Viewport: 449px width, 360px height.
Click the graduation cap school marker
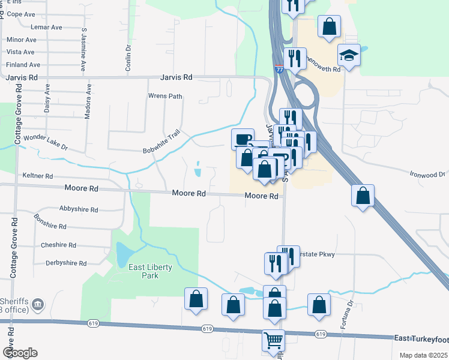pyautogui.click(x=349, y=55)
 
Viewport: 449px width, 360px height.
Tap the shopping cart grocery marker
pyautogui.click(x=273, y=340)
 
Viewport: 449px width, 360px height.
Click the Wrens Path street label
pyautogui.click(x=165, y=96)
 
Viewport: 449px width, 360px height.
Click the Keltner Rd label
pyautogui.click(x=37, y=176)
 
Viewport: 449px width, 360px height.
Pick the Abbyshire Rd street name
pyautogui.click(x=79, y=209)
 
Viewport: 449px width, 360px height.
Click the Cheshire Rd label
pyautogui.click(x=58, y=245)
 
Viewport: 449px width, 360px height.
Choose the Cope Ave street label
pyautogui.click(x=21, y=14)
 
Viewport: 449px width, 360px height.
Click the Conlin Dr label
pyautogui.click(x=128, y=58)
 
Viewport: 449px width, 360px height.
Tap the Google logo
pyautogui.click(x=20, y=353)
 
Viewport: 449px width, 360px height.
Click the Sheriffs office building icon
pyautogui.click(x=38, y=305)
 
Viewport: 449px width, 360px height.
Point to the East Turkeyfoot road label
pyautogui.click(x=421, y=339)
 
